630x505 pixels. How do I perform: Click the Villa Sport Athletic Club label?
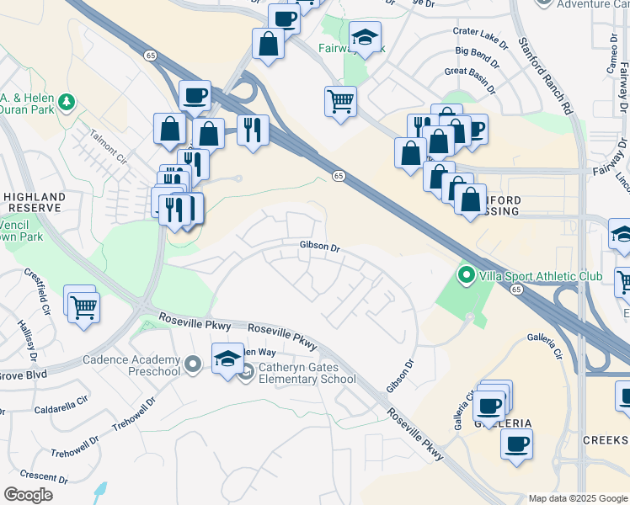pyautogui.click(x=541, y=275)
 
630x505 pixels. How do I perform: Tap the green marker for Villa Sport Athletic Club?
pyautogui.click(x=466, y=275)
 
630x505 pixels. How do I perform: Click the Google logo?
pyautogui.click(x=28, y=495)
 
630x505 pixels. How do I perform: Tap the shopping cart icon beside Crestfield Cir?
pyautogui.click(x=83, y=307)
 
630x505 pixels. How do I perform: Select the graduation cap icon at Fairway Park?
pyautogui.click(x=365, y=38)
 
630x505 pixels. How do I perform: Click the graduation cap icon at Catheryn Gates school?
pyautogui.click(x=227, y=360)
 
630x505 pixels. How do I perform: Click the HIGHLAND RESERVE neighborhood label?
pyautogui.click(x=33, y=201)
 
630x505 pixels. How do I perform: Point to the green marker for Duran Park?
pyautogui.click(x=65, y=103)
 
